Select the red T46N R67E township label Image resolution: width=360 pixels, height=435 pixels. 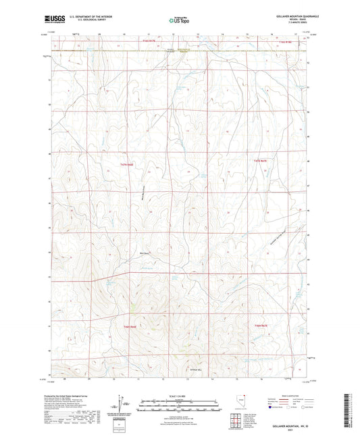click(261, 327)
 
